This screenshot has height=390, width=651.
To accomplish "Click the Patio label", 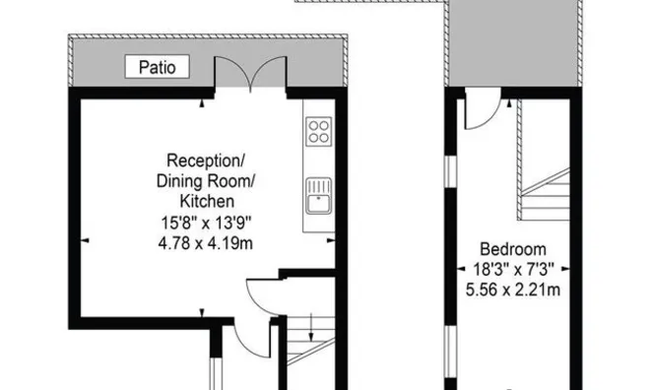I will click(x=157, y=67).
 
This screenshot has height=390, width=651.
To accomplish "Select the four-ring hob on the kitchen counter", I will click(x=318, y=131).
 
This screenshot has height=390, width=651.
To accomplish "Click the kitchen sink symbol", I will click(x=318, y=195).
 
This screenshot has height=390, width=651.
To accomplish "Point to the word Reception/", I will click(x=206, y=161).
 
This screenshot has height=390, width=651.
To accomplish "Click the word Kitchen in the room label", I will click(x=206, y=200).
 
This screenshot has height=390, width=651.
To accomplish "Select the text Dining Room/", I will click(x=206, y=180).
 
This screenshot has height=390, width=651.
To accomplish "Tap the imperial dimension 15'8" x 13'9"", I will click(x=206, y=221).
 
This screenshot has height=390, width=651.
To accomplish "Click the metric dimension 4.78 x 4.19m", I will click(x=206, y=240).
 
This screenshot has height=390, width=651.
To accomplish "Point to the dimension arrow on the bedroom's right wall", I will click(x=576, y=269).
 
